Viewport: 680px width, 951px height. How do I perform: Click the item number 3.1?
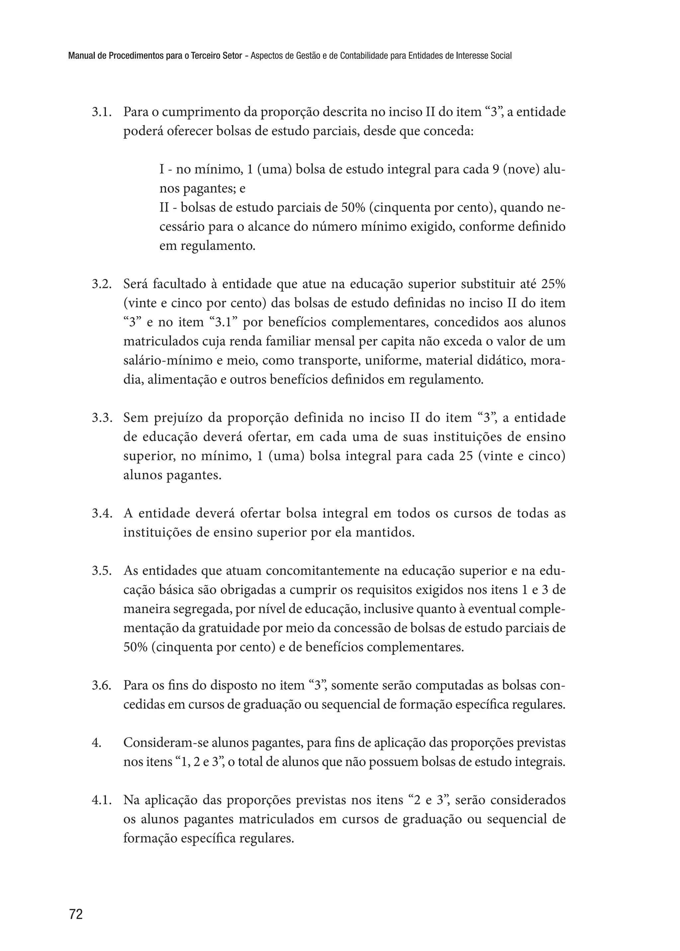102,113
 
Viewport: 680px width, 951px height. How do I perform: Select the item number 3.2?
102,284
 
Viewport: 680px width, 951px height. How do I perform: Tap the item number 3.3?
102,418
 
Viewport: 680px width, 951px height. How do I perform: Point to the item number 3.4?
102,513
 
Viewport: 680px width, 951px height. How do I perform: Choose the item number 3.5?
102,571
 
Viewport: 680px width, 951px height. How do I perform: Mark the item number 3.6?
102,685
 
